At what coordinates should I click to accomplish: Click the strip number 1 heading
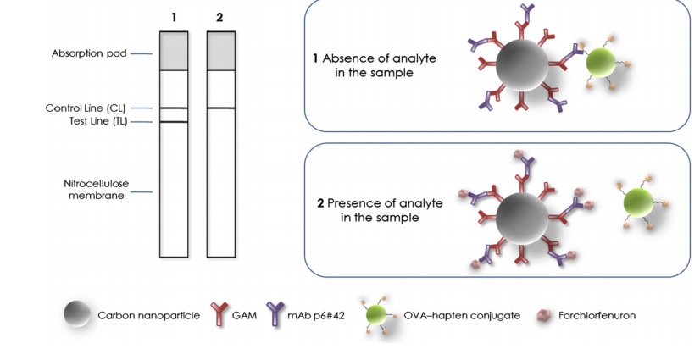(x=174, y=17)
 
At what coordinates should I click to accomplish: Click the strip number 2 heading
(x=220, y=17)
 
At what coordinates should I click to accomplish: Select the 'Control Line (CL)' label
(x=86, y=108)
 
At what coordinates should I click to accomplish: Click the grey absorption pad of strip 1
(x=174, y=51)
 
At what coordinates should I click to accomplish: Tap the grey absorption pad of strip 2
(x=220, y=51)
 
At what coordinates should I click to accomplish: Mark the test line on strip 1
(x=174, y=123)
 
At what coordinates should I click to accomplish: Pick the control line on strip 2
(x=220, y=108)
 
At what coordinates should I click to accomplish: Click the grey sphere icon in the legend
(x=77, y=315)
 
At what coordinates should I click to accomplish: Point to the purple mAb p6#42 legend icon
(x=275, y=315)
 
